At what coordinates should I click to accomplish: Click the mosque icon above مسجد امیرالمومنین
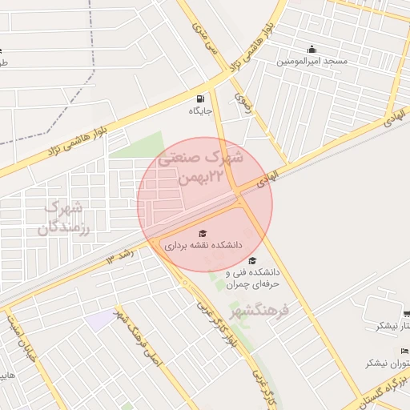click(x=312, y=48)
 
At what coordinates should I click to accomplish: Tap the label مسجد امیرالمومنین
click(x=312, y=61)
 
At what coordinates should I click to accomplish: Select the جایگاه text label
click(x=199, y=111)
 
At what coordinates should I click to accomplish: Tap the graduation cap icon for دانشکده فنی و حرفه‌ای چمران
click(x=252, y=260)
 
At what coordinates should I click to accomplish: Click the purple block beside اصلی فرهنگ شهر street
click(x=102, y=320)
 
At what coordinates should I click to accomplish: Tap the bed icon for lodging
click(x=405, y=351)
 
